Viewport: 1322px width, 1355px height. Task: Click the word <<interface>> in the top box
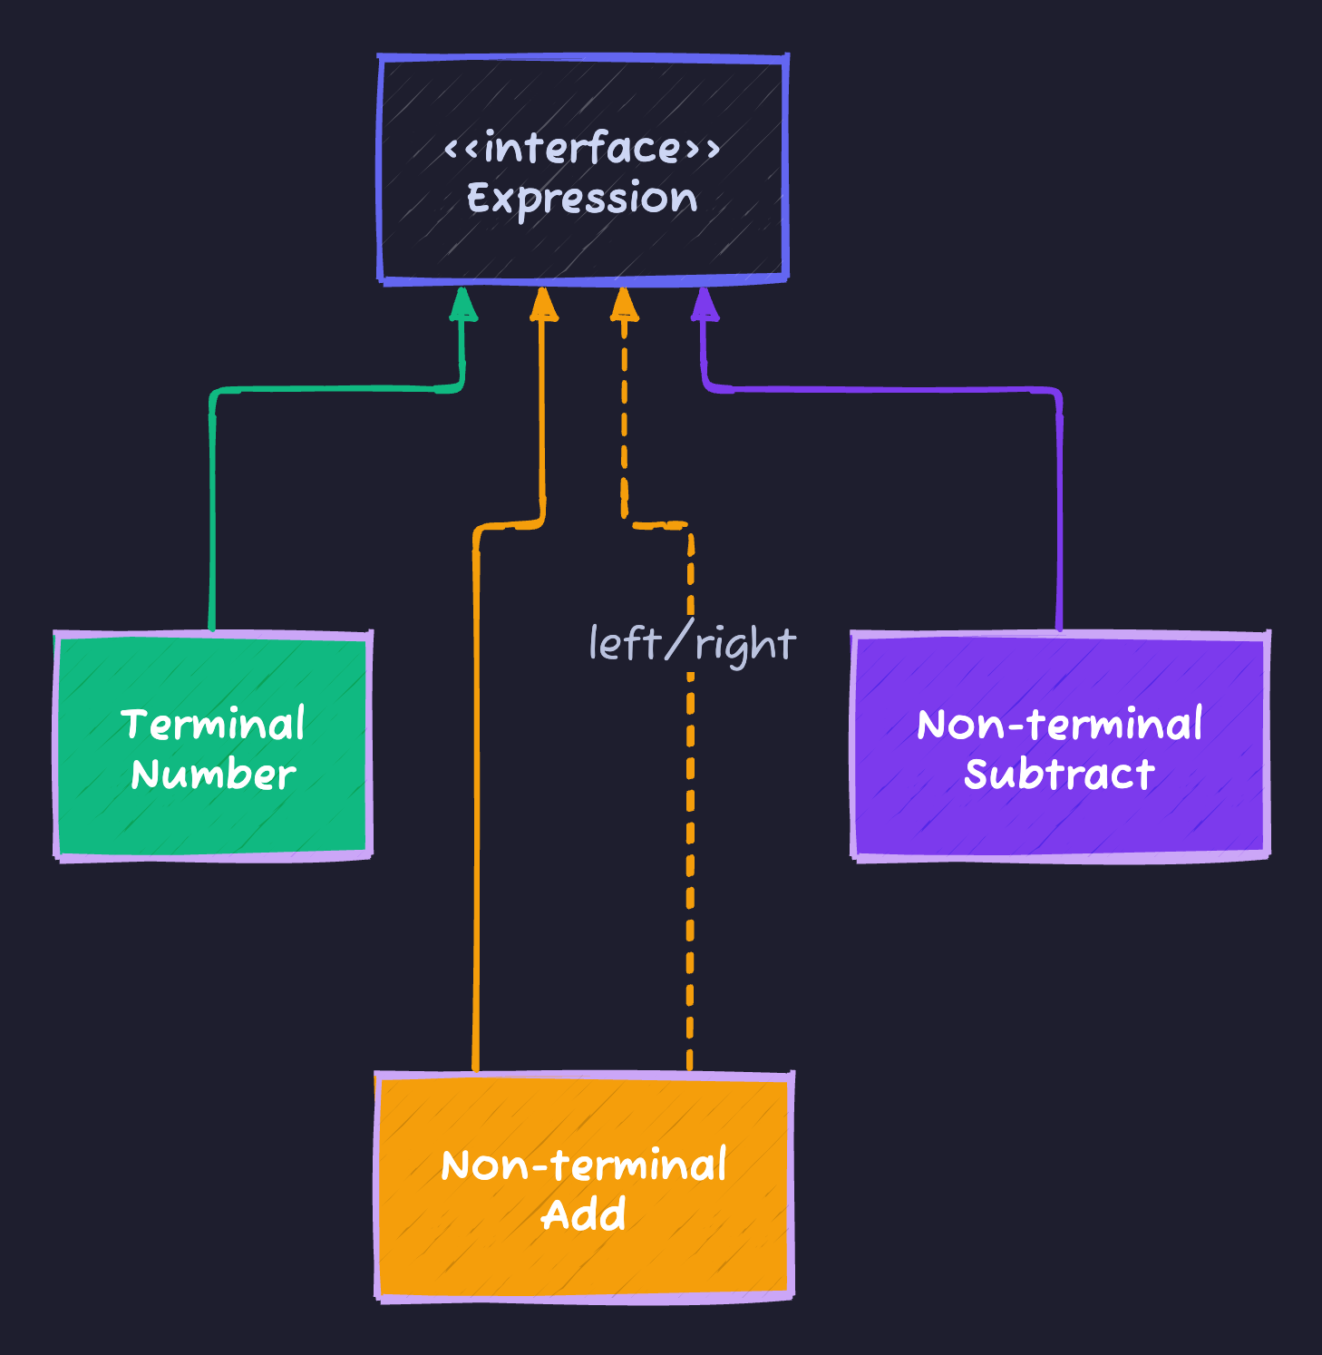(x=581, y=148)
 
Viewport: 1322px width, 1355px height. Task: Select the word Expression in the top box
(x=581, y=198)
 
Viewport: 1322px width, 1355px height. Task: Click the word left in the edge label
(x=624, y=643)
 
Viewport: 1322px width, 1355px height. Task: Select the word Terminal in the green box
(x=213, y=725)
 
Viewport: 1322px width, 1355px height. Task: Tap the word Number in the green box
(x=213, y=775)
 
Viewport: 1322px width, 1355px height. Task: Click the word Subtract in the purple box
(x=1059, y=775)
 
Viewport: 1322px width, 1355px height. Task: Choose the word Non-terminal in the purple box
(x=1059, y=725)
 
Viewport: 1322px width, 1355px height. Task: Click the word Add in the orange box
(x=584, y=1215)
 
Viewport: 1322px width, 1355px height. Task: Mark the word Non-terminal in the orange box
(x=584, y=1165)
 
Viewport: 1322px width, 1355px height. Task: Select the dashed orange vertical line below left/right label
(x=690, y=862)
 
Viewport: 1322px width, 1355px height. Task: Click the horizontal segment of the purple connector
(x=880, y=390)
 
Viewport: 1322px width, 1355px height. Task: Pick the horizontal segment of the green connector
(x=335, y=390)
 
